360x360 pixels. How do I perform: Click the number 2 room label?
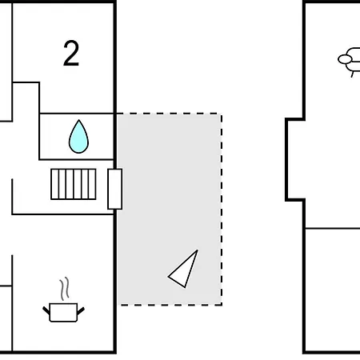tap(71, 54)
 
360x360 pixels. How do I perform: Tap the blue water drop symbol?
tap(78, 137)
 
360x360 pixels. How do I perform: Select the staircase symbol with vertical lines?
tap(74, 184)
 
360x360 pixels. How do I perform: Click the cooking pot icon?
tap(63, 312)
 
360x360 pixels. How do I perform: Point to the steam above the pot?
tap(65, 289)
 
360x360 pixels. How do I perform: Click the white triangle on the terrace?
tap(183, 269)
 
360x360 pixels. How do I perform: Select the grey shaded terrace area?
tap(169, 210)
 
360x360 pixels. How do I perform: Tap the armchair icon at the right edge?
tap(350, 62)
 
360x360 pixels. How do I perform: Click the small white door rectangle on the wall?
tap(115, 189)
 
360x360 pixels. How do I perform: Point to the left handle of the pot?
tap(46, 310)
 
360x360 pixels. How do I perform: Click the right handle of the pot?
tap(81, 310)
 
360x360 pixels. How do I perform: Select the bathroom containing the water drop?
tap(77, 137)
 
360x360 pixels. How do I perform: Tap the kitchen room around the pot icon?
tap(63, 282)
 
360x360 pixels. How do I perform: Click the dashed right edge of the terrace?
tap(222, 210)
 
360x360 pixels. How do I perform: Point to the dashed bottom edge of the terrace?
tap(170, 305)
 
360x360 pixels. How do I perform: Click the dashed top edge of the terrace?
tap(169, 114)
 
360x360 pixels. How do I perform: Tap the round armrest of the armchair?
tap(345, 59)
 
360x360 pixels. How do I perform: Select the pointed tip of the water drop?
tap(78, 120)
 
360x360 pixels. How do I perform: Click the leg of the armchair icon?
tap(353, 74)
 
